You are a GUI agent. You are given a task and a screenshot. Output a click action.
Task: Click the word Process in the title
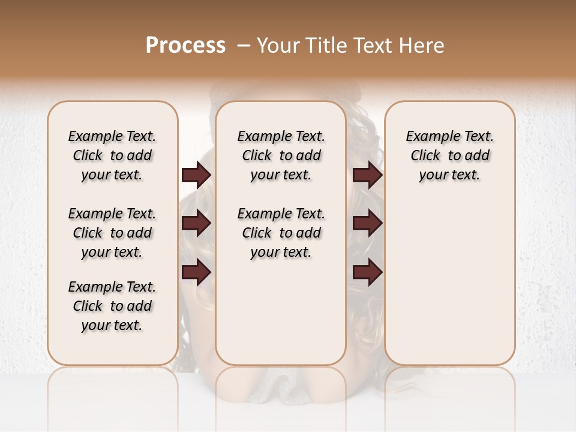click(185, 45)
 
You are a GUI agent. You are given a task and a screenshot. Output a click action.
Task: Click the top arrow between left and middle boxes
click(196, 175)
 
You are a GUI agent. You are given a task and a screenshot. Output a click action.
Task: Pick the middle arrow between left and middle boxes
click(196, 224)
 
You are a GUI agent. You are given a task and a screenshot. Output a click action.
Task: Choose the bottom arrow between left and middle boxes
click(196, 272)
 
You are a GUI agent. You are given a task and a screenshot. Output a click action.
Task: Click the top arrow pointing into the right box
click(367, 175)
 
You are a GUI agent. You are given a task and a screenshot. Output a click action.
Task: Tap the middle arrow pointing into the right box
click(367, 224)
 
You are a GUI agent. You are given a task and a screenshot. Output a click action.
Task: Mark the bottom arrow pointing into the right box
click(367, 272)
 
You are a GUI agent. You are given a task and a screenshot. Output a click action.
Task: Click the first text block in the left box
click(112, 155)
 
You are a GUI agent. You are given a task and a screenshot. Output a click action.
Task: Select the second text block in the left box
click(112, 233)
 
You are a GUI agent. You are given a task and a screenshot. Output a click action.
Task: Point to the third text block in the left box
click(112, 306)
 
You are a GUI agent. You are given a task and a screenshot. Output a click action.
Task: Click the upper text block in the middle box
click(281, 155)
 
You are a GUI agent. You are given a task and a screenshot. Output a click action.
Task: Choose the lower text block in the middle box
click(281, 233)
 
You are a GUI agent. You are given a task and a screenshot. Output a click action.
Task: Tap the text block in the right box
click(449, 155)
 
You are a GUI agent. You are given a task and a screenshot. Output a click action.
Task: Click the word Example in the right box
click(428, 137)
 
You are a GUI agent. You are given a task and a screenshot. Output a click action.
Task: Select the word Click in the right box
click(425, 156)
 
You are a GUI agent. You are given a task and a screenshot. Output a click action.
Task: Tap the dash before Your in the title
click(244, 45)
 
